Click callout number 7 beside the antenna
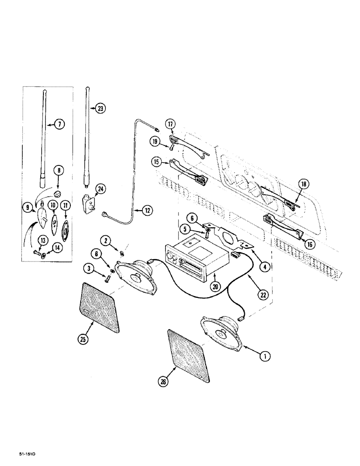(60, 124)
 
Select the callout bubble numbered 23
(100, 108)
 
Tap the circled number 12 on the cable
(147, 211)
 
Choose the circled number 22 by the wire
(264, 295)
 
